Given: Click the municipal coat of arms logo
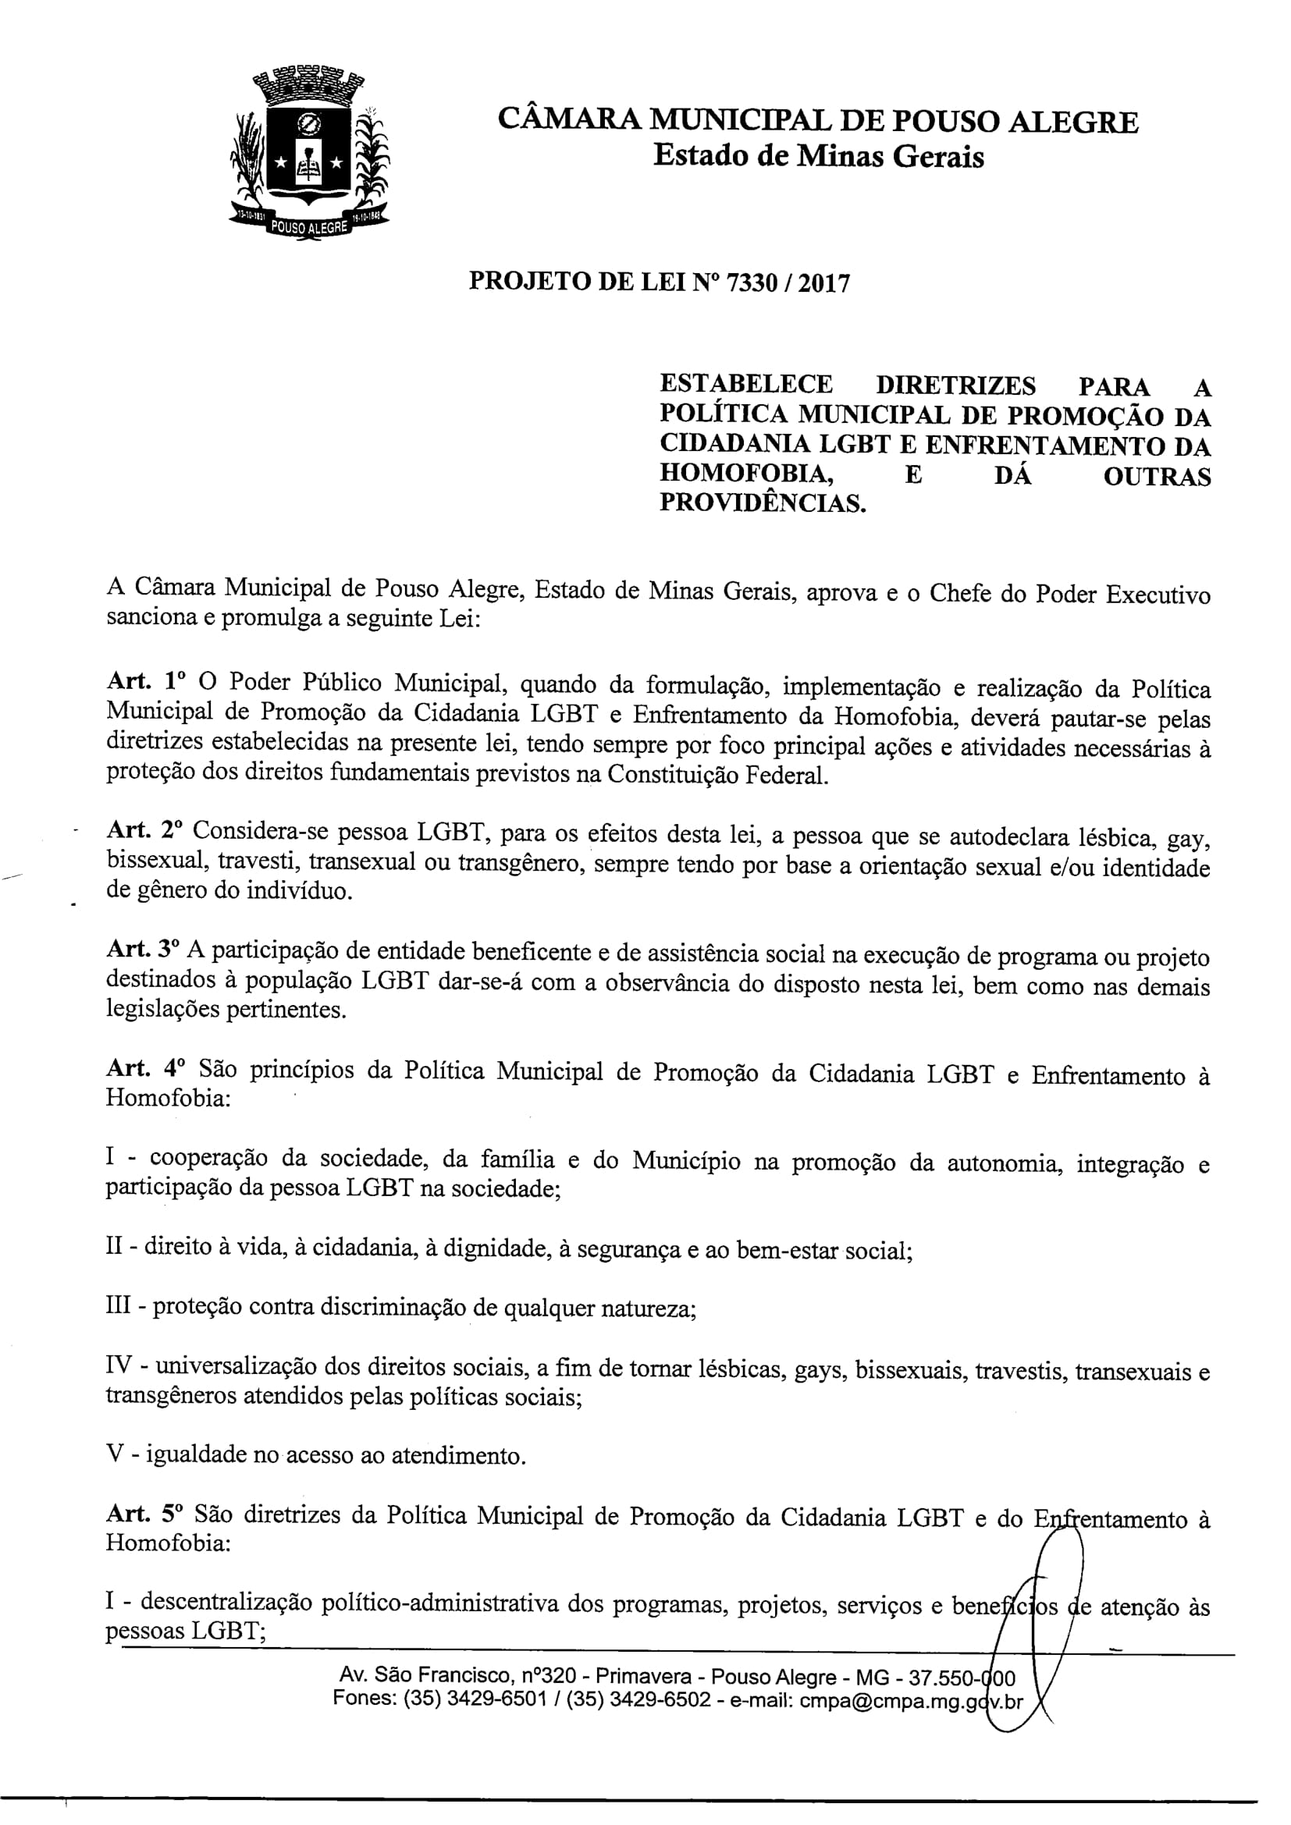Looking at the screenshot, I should click(309, 155).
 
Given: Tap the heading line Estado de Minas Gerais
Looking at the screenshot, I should click(818, 156).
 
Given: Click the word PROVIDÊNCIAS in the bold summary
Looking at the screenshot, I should click(763, 503).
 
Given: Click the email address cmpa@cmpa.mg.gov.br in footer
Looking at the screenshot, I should click(911, 1701).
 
